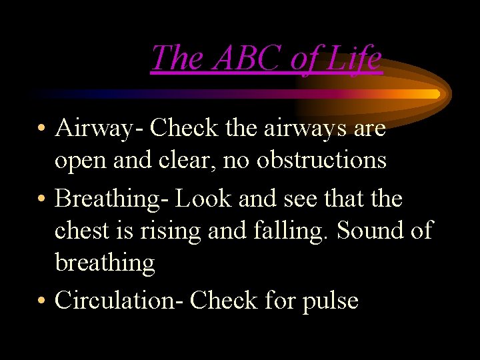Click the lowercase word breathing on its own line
click(x=105, y=263)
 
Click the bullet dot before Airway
click(x=41, y=129)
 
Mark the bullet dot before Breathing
click(x=41, y=199)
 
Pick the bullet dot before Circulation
click(x=41, y=301)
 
